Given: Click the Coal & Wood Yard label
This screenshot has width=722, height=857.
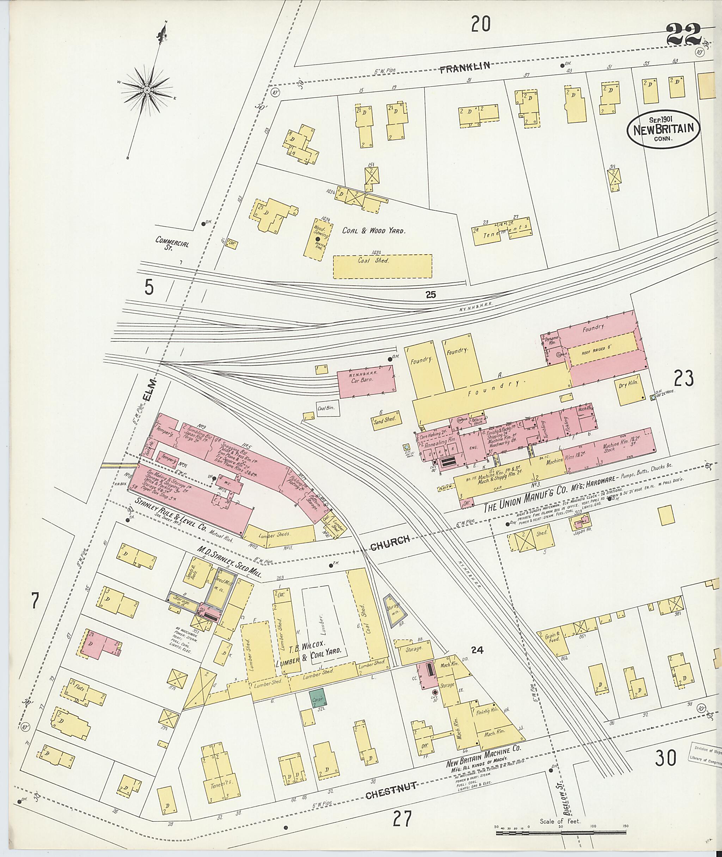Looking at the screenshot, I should (x=374, y=231).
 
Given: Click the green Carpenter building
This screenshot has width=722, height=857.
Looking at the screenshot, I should (x=318, y=696).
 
